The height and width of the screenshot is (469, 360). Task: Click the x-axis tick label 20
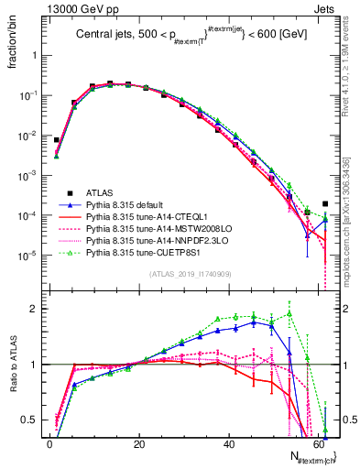tap(139, 443)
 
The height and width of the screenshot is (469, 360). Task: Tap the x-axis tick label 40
tap(229, 443)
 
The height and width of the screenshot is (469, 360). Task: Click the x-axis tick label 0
tap(49, 443)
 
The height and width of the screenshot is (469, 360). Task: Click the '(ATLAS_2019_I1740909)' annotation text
tap(189, 275)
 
